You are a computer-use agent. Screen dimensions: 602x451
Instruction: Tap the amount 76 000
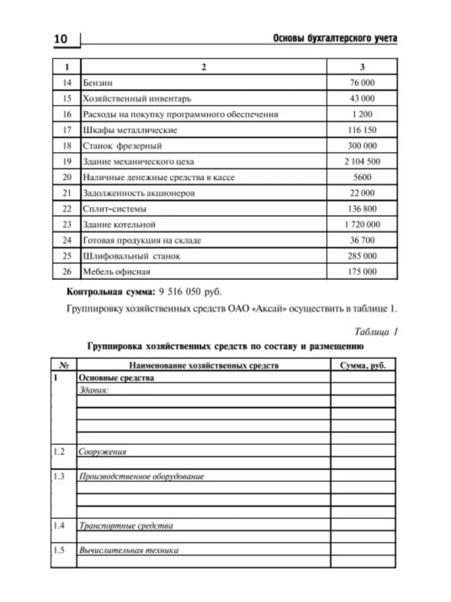(x=362, y=82)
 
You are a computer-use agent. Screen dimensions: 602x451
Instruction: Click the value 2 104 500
(x=362, y=161)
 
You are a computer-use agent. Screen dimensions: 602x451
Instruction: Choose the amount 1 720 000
(x=362, y=225)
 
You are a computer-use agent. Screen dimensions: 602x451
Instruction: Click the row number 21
(x=67, y=193)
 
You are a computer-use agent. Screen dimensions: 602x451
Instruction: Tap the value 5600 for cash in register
(x=362, y=177)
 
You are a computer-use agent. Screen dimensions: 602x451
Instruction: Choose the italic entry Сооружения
(x=102, y=451)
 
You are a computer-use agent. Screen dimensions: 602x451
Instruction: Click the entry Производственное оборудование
(x=141, y=476)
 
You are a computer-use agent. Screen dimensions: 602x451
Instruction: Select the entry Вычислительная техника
(x=129, y=550)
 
